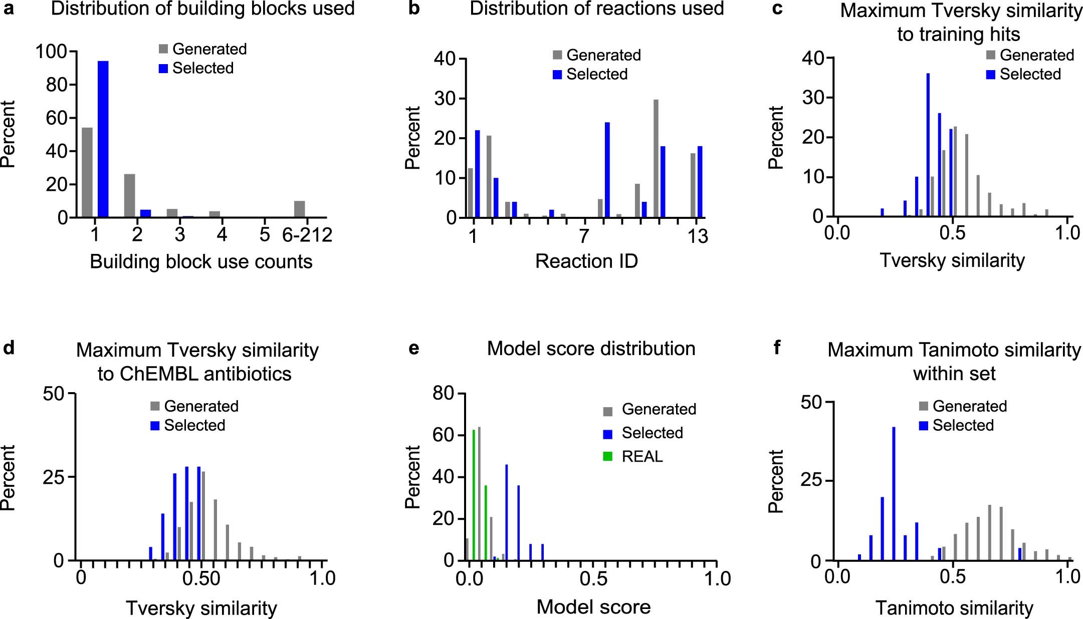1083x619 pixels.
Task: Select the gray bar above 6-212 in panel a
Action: click(299, 209)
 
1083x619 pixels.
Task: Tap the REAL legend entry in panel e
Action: click(642, 456)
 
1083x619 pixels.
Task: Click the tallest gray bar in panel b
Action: click(656, 158)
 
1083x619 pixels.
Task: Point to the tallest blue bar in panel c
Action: click(928, 145)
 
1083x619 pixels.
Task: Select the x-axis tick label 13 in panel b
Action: click(697, 236)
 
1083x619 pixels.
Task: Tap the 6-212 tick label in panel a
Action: click(307, 235)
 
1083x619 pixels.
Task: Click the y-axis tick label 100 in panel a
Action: click(51, 51)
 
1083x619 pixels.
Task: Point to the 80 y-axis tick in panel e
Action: click(443, 394)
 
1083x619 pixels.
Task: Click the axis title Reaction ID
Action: click(586, 261)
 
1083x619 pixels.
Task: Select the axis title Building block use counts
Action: click(201, 261)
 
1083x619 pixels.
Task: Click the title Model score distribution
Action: click(591, 349)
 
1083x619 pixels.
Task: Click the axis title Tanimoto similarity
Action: click(954, 608)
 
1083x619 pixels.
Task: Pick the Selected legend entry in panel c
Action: click(1030, 74)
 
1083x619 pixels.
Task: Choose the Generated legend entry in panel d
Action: click(201, 406)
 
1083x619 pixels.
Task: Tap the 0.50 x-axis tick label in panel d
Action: click(201, 578)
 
